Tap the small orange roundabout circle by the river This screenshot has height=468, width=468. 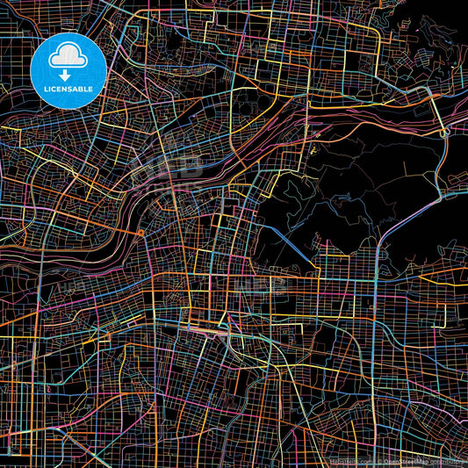pos(140,233)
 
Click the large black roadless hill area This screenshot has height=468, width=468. pos(351,184)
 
